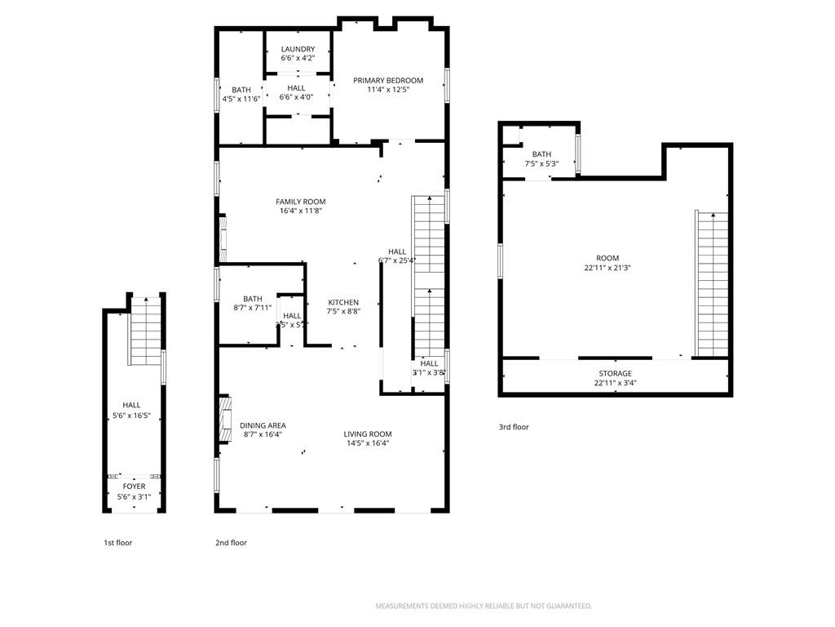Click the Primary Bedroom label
pyautogui.click(x=388, y=80)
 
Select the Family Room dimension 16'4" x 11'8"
pyautogui.click(x=300, y=211)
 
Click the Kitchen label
pyautogui.click(x=343, y=302)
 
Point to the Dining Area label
pyautogui.click(x=263, y=425)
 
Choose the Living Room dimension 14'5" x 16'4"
pyautogui.click(x=367, y=443)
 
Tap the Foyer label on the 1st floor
pyautogui.click(x=134, y=487)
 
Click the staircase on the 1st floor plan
pyautogui.click(x=146, y=331)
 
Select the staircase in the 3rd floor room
pyautogui.click(x=711, y=282)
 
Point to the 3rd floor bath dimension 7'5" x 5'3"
pyautogui.click(x=541, y=163)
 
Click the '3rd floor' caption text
pyautogui.click(x=514, y=427)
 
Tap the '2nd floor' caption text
pyautogui.click(x=231, y=543)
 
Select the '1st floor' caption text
pyautogui.click(x=117, y=543)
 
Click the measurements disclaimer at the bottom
pyautogui.click(x=483, y=606)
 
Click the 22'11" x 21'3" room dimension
pyautogui.click(x=607, y=267)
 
